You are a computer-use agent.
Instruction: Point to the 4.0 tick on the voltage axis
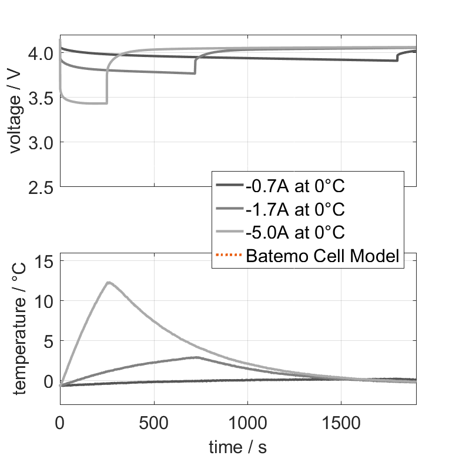tap(41, 53)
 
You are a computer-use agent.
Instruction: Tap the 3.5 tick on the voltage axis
tap(41, 98)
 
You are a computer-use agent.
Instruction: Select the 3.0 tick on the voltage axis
tap(41, 142)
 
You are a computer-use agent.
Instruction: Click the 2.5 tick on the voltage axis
tap(41, 187)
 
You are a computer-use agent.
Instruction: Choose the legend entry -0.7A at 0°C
tap(296, 187)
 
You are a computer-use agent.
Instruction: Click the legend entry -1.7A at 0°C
tap(296, 210)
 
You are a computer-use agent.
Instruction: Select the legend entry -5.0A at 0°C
tap(296, 233)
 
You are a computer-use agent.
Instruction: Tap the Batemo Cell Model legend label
tap(323, 256)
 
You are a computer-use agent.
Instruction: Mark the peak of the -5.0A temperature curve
tap(109, 282)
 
